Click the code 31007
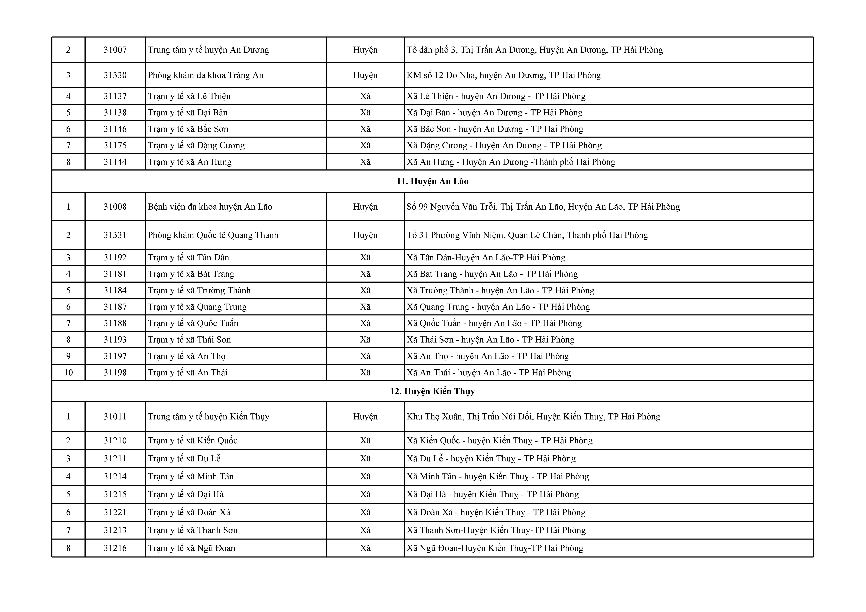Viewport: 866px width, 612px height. tap(115, 50)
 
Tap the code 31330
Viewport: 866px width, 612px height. tap(115, 75)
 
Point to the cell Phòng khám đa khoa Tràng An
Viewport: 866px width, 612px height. tap(206, 75)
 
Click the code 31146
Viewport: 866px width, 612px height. tap(115, 129)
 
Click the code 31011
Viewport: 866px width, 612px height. tap(115, 416)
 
